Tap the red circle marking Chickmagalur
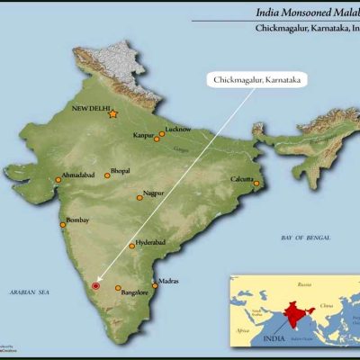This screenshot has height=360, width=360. (95, 286)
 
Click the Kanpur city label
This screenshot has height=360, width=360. (144, 136)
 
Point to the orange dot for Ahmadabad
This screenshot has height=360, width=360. (58, 181)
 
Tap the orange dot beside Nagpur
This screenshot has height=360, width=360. (139, 197)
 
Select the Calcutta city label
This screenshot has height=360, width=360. (242, 178)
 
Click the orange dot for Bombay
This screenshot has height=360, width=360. (62, 225)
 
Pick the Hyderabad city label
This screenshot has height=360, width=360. (149, 243)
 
